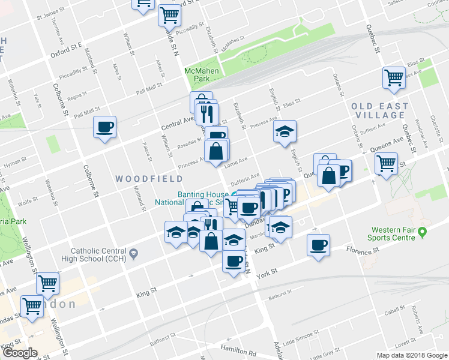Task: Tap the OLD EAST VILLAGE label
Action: tap(380, 111)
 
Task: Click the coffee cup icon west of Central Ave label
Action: tap(104, 128)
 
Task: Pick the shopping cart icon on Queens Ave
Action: tap(386, 162)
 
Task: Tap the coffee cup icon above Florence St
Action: tap(318, 244)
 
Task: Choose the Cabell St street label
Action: tap(394, 311)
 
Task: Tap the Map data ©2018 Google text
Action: tap(412, 355)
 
